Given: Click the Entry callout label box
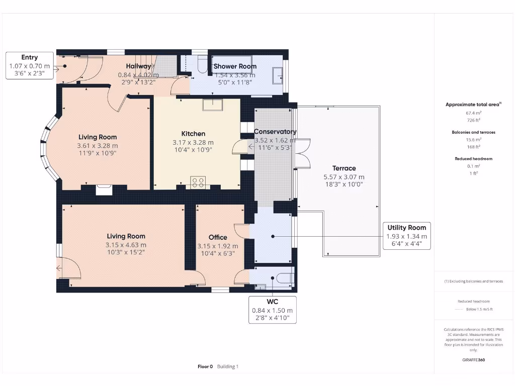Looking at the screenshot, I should [x=29, y=66].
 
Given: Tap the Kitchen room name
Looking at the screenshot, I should [x=193, y=134].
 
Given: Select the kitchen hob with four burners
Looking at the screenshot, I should [x=198, y=182].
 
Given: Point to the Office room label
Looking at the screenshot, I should [x=218, y=237].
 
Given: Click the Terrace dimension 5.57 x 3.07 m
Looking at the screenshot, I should [x=344, y=177].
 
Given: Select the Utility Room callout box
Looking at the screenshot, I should [x=406, y=236].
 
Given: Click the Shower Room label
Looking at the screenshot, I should [x=235, y=66].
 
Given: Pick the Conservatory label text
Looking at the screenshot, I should [x=275, y=132].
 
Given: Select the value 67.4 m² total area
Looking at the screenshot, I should [x=473, y=113].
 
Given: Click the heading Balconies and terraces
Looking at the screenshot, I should [x=473, y=132].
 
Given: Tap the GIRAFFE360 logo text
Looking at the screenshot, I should [x=473, y=360].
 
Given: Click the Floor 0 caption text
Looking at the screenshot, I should [x=205, y=367].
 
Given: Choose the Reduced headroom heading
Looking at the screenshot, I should [x=473, y=159].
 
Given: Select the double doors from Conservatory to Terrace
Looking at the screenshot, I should [x=302, y=153].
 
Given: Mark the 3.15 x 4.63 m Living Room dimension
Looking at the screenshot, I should [x=126, y=245].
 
